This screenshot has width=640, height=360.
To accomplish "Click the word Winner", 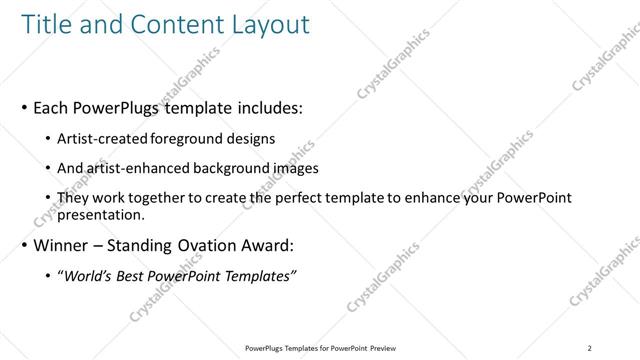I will [61, 245].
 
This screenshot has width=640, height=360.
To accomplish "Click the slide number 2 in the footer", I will [591, 347].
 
